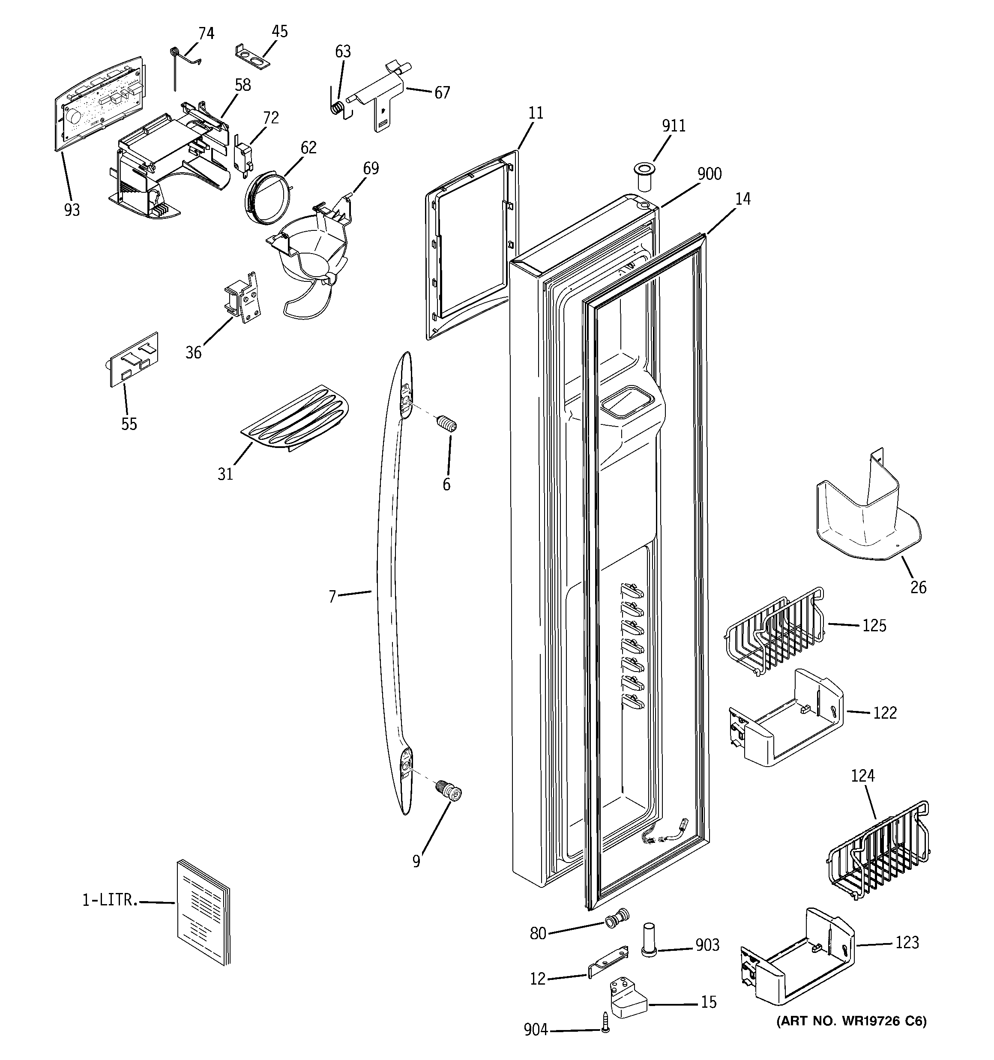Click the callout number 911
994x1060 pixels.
(674, 126)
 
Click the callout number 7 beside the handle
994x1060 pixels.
(332, 596)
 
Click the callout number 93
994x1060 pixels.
(72, 210)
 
